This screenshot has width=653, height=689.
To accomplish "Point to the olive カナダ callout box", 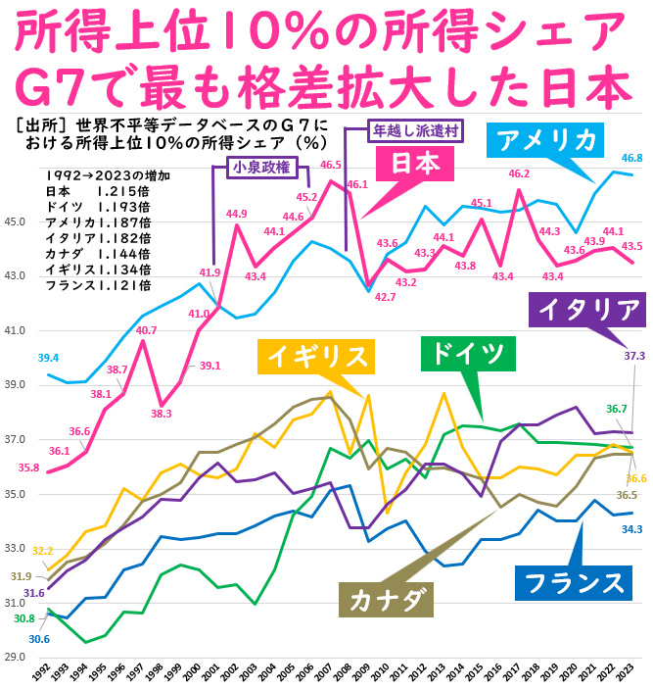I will click(387, 594).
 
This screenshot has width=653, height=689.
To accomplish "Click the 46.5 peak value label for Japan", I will click(331, 165).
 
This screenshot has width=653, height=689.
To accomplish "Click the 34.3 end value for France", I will click(632, 529).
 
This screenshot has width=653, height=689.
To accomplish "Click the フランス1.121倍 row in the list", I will click(98, 285).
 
